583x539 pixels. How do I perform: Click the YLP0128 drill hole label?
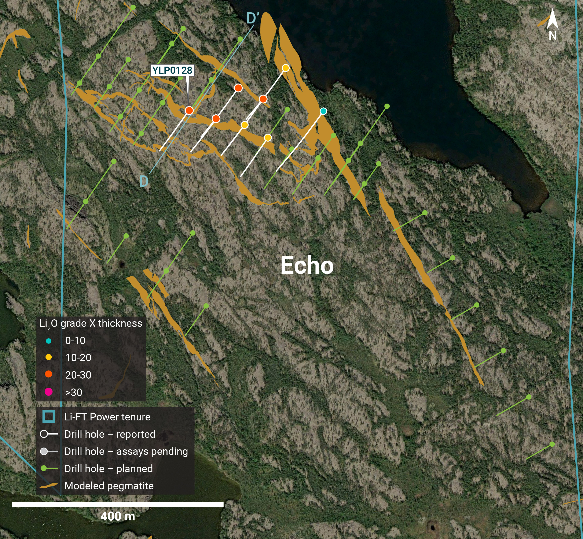[x=172, y=70]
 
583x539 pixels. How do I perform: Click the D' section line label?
[x=253, y=18]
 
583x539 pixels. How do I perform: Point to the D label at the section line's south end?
[x=144, y=181]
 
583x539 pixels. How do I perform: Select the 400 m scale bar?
[x=118, y=504]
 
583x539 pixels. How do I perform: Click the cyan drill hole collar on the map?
[x=323, y=111]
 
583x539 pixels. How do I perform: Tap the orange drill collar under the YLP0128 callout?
[x=189, y=111]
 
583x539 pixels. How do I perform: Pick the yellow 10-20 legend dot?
[x=48, y=357]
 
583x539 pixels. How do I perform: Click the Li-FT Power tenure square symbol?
[x=49, y=416]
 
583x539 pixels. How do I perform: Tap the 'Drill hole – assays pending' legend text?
[x=126, y=451]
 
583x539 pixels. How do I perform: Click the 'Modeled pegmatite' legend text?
[x=109, y=486]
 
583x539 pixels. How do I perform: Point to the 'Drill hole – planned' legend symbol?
[x=49, y=468]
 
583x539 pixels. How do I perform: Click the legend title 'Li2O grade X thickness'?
[x=91, y=323]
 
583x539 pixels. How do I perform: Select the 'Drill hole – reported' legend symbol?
[x=49, y=434]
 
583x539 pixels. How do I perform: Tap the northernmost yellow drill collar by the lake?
[x=286, y=68]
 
